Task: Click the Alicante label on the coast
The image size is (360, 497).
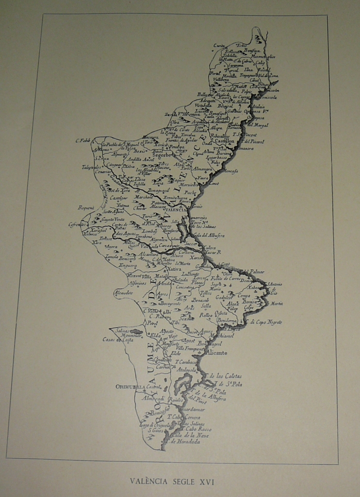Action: point(217,353)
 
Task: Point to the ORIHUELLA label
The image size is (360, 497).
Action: point(131,387)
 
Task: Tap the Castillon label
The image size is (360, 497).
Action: point(224,141)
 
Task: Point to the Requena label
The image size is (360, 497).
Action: point(86,207)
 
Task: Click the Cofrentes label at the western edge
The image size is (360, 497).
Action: point(78,225)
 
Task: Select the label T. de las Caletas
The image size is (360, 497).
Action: point(224,376)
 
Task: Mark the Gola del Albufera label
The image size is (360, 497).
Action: point(210,235)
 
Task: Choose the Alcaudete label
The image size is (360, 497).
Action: point(123,293)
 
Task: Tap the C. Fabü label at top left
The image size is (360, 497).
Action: point(83,141)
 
